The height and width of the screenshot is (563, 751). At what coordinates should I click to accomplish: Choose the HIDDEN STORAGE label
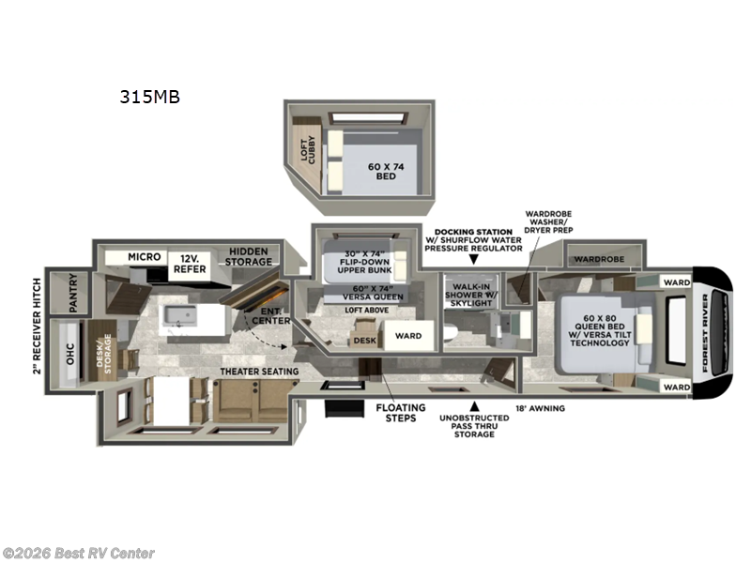pyautogui.click(x=248, y=258)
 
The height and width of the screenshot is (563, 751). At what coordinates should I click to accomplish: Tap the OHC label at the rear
pyautogui.click(x=68, y=348)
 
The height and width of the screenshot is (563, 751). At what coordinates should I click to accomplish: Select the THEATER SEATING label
pyautogui.click(x=260, y=372)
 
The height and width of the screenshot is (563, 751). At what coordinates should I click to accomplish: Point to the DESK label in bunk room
pyautogui.click(x=363, y=341)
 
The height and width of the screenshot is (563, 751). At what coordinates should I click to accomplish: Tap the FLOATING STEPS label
pyautogui.click(x=401, y=414)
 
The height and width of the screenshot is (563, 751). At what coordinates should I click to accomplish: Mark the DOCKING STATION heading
pyautogui.click(x=473, y=231)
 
